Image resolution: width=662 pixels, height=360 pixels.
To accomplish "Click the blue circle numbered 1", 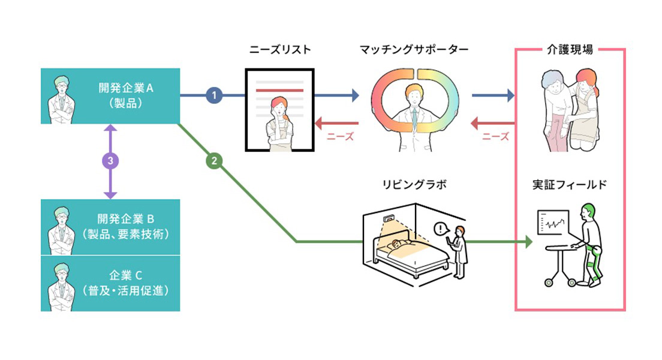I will (214, 95).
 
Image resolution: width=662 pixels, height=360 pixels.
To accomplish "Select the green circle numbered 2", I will (214, 161).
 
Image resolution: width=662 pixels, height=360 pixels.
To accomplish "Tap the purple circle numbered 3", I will (110, 161).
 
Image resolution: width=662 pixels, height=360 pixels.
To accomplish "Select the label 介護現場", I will (570, 50).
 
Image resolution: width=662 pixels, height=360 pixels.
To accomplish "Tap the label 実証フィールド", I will (570, 185).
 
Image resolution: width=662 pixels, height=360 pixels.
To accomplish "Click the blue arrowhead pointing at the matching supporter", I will (356, 95).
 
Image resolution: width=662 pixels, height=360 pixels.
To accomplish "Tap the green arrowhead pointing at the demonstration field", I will (529, 242).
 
